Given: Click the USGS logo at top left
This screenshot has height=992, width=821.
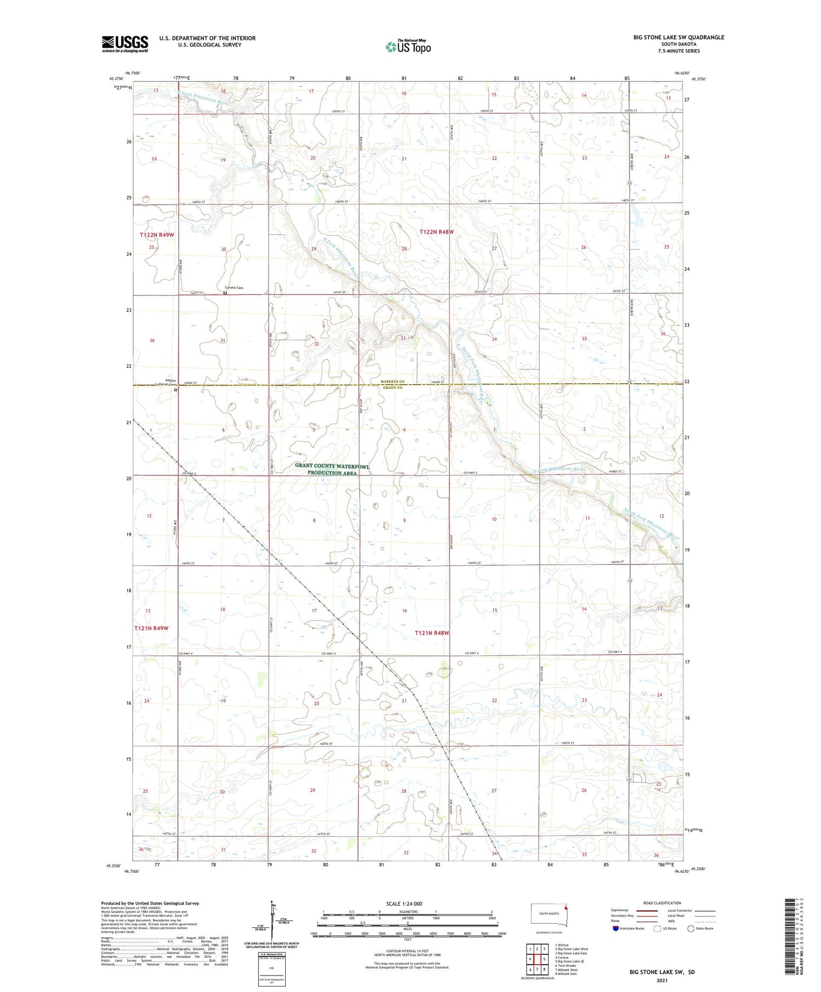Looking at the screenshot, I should pyautogui.click(x=125, y=44).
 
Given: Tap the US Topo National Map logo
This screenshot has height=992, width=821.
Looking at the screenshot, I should pyautogui.click(x=408, y=47).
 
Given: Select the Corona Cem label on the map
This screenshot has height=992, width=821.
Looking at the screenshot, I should pyautogui.click(x=234, y=288).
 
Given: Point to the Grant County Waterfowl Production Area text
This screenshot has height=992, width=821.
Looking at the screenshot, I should pyautogui.click(x=332, y=469).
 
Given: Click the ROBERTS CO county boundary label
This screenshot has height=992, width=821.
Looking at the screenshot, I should pyautogui.click(x=392, y=381).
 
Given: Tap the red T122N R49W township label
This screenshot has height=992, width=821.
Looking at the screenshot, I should pyautogui.click(x=157, y=235).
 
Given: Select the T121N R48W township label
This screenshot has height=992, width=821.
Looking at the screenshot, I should pyautogui.click(x=432, y=633).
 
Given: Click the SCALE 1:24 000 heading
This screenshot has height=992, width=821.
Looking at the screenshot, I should pyautogui.click(x=404, y=903).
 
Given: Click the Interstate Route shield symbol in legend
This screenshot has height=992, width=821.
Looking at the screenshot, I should pyautogui.click(x=616, y=929).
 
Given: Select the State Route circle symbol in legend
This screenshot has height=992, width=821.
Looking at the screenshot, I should pyautogui.click(x=691, y=929).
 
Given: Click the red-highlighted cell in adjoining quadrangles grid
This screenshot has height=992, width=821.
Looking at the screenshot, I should pyautogui.click(x=537, y=959).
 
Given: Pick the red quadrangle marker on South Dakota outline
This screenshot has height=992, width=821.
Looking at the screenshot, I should pyautogui.click(x=566, y=906).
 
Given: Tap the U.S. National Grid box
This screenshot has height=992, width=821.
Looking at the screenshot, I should pyautogui.click(x=271, y=970).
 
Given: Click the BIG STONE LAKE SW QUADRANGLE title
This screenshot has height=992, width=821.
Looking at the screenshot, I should pyautogui.click(x=679, y=37).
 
